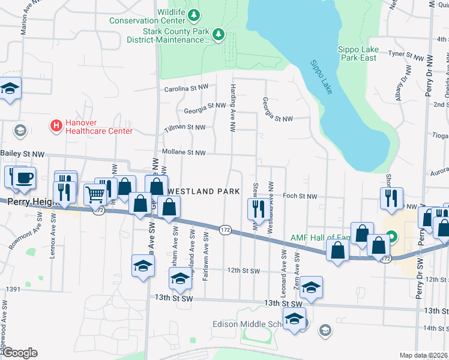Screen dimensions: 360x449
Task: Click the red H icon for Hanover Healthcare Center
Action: [x=56, y=126]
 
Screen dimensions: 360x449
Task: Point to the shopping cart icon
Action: [x=95, y=194]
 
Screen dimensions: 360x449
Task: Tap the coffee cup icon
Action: [x=25, y=178]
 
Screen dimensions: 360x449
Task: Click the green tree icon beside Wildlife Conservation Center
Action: [x=193, y=14]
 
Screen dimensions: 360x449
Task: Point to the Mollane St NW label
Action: [x=183, y=152]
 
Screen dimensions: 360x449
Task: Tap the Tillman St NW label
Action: [x=184, y=127]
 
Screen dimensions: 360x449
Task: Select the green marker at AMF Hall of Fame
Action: [x=391, y=237]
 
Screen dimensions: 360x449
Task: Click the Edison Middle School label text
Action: [x=246, y=324]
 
